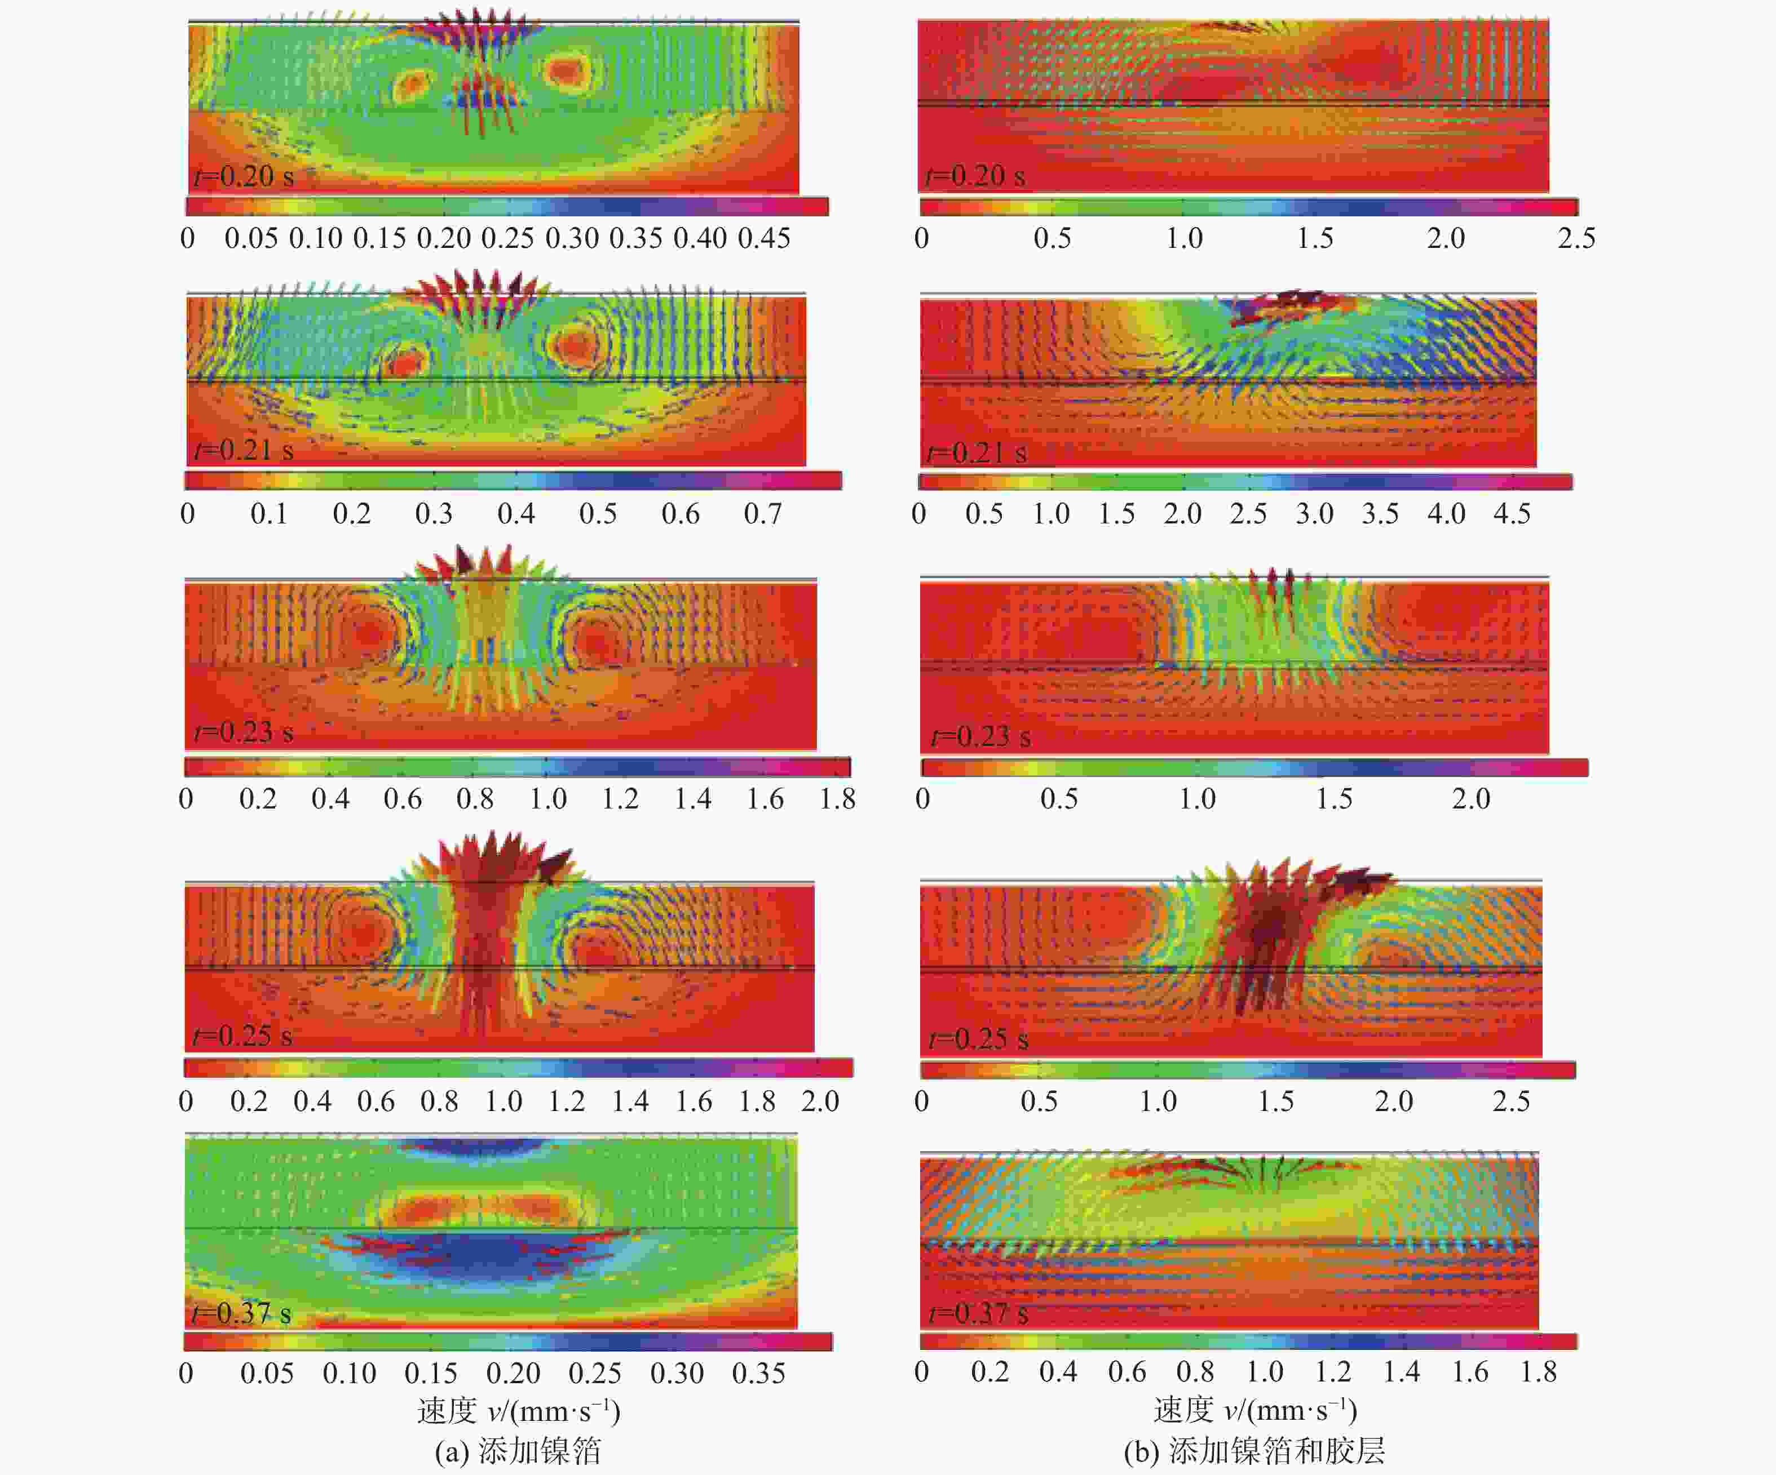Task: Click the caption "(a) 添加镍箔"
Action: click(x=518, y=1450)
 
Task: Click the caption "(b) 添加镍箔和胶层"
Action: click(x=1254, y=1450)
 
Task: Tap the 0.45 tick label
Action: click(x=763, y=238)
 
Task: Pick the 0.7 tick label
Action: click(x=762, y=514)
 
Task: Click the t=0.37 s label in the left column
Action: click(x=242, y=1313)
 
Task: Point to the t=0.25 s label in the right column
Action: click(x=979, y=1038)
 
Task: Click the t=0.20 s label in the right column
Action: click(x=975, y=176)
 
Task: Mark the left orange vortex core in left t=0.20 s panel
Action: click(x=412, y=84)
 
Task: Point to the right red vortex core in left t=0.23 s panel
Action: click(x=594, y=642)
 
